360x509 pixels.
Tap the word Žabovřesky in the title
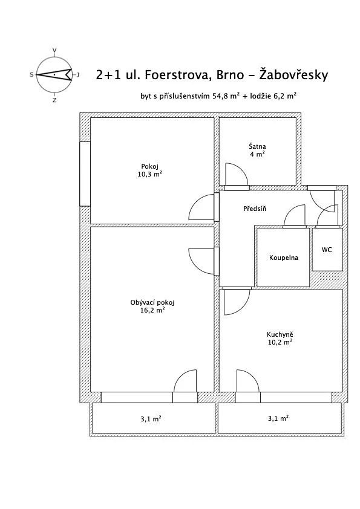[293, 74]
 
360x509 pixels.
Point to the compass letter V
[54, 50]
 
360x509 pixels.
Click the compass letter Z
[54, 100]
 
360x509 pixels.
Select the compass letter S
[31, 75]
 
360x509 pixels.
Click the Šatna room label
[257, 146]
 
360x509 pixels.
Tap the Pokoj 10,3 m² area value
[150, 174]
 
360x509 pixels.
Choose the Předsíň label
[255, 209]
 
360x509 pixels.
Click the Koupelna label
[284, 258]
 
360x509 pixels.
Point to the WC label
[327, 250]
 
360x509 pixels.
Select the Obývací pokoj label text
[152, 302]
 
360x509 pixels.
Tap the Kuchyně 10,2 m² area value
[280, 342]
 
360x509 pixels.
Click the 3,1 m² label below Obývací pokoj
[151, 419]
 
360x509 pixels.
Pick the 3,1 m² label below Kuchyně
[278, 418]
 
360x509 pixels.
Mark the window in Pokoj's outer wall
[85, 173]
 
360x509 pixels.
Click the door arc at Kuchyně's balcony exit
[252, 376]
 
